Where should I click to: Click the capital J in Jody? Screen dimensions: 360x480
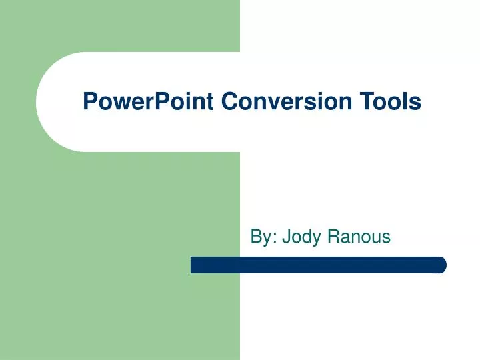(286, 236)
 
